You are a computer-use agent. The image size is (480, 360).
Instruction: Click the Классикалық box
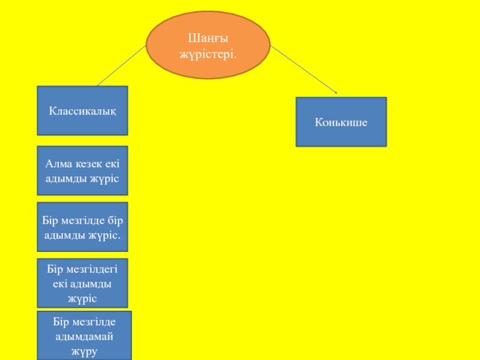(x=82, y=110)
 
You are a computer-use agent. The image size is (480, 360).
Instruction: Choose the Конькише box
(x=341, y=122)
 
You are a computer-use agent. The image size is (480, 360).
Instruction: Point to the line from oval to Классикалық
(x=121, y=67)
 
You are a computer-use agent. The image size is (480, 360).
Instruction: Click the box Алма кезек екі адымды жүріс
(x=82, y=170)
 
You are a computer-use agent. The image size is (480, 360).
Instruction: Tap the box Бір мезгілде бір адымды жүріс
(x=82, y=226)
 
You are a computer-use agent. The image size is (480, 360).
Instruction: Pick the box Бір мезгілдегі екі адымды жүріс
(x=82, y=283)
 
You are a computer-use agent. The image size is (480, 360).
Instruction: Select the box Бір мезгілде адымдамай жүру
(x=83, y=335)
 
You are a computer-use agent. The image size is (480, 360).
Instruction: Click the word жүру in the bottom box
(x=83, y=351)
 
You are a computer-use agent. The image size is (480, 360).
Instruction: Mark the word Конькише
(x=341, y=122)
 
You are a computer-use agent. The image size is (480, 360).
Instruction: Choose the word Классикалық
(x=82, y=111)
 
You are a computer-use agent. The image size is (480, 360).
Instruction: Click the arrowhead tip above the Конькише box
(x=337, y=93)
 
